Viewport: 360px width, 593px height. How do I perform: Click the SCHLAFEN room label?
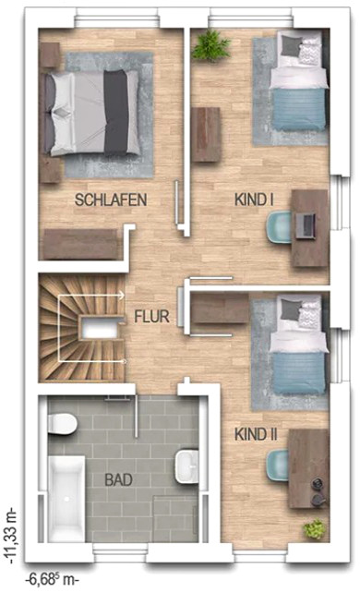111,200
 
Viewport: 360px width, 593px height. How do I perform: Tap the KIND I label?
254,200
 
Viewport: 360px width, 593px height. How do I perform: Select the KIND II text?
256,434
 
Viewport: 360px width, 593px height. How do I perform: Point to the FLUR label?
152,317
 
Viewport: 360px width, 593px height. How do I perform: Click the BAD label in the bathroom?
118,480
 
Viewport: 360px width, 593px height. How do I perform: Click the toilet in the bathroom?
63,424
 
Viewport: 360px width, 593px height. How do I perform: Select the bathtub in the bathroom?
66,499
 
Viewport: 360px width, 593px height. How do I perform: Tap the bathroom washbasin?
186,466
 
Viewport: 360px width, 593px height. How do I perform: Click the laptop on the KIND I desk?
306,225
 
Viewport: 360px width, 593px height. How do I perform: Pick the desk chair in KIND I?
279,227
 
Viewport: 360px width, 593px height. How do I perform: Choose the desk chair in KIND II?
278,466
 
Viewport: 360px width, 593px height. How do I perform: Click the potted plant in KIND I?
210,45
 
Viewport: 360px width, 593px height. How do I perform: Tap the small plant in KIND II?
314,528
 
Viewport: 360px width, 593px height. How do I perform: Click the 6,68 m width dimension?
52,579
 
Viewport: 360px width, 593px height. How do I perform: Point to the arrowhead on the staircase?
121,295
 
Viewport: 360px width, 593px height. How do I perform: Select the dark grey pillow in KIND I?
291,44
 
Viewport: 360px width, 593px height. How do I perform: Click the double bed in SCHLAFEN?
91,113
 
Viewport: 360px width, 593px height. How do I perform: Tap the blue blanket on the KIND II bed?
299,372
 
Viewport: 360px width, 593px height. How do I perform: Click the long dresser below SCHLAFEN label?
81,244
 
